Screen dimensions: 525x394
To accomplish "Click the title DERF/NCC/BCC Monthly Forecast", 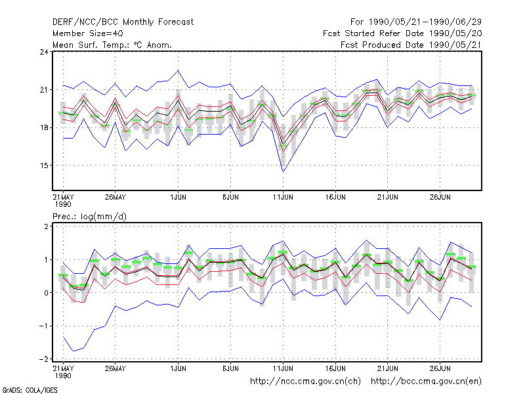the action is tap(123, 22).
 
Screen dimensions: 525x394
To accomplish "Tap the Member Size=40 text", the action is tap(88, 33).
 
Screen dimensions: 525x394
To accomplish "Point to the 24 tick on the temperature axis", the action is tap(44, 52).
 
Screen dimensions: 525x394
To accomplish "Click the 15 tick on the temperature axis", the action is tap(44, 165).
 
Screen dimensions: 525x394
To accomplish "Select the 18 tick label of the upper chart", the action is tap(44, 127).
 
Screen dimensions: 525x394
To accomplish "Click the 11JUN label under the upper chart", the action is tap(283, 197).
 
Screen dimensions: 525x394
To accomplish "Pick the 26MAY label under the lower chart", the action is tap(115, 368).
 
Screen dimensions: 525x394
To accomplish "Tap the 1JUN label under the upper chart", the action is tap(178, 197).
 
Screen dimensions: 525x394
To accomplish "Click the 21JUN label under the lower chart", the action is tap(388, 368).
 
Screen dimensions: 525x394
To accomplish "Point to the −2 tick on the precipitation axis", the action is tap(44, 359).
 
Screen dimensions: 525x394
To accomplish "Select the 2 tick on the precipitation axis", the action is tap(46, 227).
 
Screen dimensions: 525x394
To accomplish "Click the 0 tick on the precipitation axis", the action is tap(46, 293).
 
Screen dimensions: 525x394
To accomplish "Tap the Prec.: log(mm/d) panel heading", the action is tap(90, 217).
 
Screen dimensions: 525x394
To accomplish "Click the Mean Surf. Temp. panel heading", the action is tap(112, 45).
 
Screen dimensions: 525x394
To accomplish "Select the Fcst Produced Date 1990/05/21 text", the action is tap(411, 45).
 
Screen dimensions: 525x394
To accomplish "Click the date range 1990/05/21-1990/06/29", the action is tap(425, 22).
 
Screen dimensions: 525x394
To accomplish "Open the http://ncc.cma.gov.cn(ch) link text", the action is tap(305, 382).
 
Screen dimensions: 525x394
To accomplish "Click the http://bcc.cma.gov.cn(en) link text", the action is tap(426, 382).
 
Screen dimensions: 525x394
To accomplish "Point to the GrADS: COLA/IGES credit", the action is tap(30, 390).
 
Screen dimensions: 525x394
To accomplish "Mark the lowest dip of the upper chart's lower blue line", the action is tap(283, 172).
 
